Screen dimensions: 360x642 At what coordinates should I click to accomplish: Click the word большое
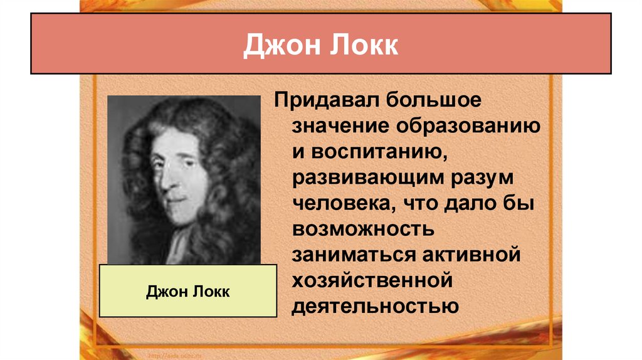[437, 99]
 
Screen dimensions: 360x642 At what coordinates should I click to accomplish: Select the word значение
[339, 125]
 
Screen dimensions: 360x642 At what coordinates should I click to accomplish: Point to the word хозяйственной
[371, 281]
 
